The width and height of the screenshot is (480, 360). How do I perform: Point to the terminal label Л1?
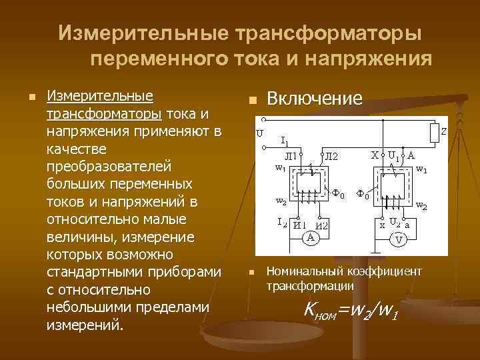291,156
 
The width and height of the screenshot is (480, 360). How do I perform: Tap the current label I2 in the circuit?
283,223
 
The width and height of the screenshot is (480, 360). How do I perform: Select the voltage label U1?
395,155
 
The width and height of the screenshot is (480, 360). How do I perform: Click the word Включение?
314,99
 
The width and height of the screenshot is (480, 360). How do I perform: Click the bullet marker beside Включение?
251,101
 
